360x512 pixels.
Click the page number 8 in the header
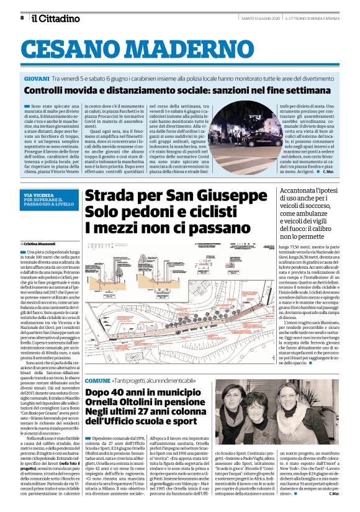[x=22, y=18]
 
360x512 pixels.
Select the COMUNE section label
[x=97, y=361]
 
